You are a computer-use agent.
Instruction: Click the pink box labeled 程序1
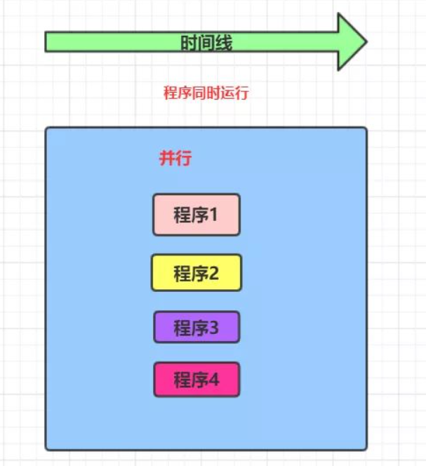(197, 215)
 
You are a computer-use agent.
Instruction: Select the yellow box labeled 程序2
(197, 273)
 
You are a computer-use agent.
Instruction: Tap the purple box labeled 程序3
(197, 327)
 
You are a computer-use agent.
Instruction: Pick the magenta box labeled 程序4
(197, 380)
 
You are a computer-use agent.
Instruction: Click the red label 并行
(175, 158)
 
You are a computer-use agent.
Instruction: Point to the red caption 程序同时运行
(206, 93)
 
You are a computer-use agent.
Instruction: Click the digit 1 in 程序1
(213, 215)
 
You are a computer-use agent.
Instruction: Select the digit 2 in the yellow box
(214, 273)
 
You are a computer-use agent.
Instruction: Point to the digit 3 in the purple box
(214, 327)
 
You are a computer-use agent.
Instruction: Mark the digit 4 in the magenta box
(214, 380)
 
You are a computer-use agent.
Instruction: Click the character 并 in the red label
(167, 158)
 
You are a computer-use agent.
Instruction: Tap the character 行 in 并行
(184, 158)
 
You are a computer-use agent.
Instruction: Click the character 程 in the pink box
(182, 215)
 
